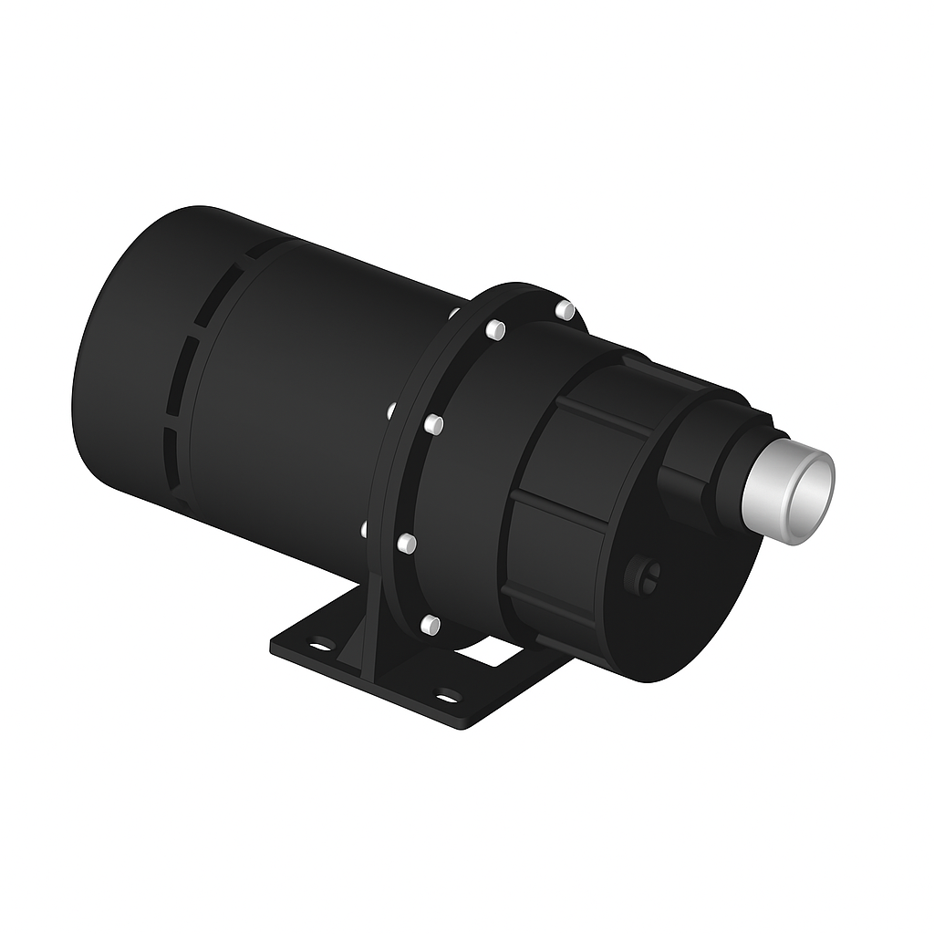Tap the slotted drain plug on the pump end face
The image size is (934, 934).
[x=644, y=576]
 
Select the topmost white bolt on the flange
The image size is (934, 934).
[x=566, y=310]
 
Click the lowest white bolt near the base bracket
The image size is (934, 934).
[x=430, y=625]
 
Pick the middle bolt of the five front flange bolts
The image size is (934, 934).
[x=434, y=424]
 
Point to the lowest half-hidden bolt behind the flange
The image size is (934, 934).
[x=365, y=529]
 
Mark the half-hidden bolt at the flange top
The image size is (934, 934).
[x=453, y=313]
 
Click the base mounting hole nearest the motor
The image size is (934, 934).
[x=320, y=645]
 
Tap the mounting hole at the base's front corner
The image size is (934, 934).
[x=446, y=698]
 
